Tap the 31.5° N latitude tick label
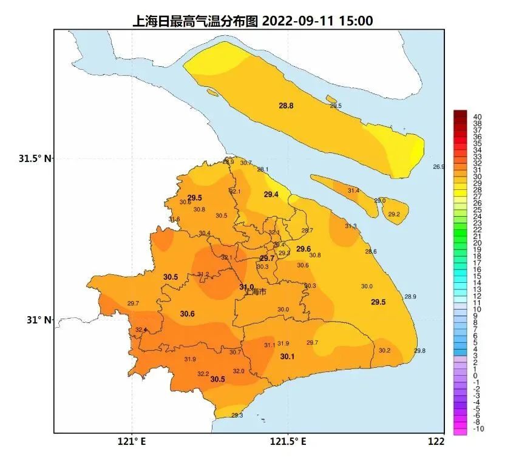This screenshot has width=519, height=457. [x=35, y=158]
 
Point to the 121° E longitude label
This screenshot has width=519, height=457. [x=133, y=442]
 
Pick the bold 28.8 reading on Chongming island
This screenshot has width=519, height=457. [x=286, y=106]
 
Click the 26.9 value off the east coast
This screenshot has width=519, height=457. [x=438, y=166]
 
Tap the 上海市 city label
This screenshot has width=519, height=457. [x=256, y=293]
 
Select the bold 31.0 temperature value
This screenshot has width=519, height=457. [x=246, y=287]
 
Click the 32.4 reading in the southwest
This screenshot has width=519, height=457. [x=141, y=330]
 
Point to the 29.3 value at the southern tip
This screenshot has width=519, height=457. [x=237, y=415]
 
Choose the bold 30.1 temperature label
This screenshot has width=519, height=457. [x=287, y=356]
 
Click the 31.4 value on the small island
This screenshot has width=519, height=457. [x=353, y=191]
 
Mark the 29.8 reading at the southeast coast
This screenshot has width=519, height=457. [x=419, y=351]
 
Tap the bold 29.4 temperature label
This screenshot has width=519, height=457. [x=271, y=194]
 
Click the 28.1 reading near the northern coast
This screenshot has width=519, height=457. [x=263, y=169]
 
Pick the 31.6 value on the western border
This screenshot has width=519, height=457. [x=174, y=219]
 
